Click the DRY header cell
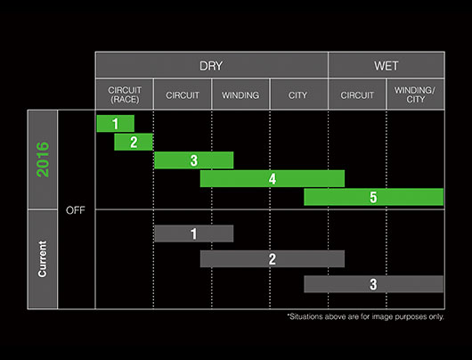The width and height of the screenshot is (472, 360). (211, 65)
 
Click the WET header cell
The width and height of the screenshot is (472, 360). (387, 65)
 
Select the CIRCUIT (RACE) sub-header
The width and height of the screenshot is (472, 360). (125, 94)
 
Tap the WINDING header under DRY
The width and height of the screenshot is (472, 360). (240, 94)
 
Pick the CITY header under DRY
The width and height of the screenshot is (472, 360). (298, 94)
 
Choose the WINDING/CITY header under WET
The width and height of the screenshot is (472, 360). (415, 94)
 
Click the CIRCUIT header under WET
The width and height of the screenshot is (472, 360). (357, 94)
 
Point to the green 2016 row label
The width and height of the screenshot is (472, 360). (43, 160)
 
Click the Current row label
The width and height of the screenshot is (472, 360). (43, 259)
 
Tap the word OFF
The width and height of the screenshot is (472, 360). (76, 210)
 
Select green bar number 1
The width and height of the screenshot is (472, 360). (115, 124)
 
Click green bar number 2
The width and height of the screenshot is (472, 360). (134, 142)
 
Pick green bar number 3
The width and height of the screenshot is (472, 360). (193, 160)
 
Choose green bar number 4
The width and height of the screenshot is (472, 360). (273, 178)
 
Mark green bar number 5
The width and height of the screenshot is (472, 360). (373, 197)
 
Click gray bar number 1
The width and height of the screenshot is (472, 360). (193, 233)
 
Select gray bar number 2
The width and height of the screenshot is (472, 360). (273, 258)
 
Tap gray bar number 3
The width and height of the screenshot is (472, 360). (373, 284)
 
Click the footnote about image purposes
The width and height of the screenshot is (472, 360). (365, 316)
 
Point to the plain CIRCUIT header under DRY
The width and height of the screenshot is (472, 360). (183, 94)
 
